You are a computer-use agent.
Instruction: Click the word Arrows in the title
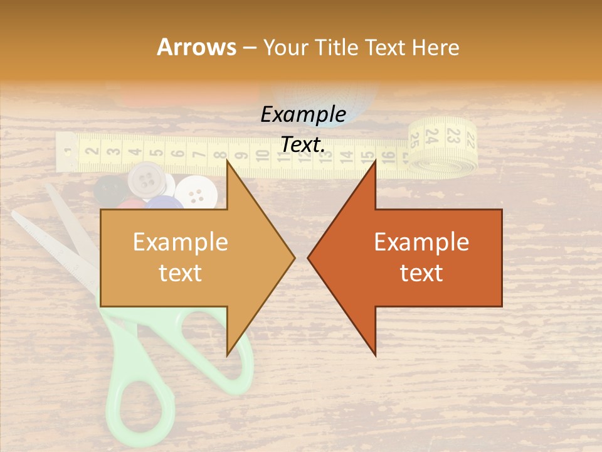point(196,47)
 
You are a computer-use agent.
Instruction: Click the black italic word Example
point(303,115)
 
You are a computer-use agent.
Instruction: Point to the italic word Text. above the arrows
point(303,144)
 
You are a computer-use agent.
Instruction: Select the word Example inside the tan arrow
point(181,242)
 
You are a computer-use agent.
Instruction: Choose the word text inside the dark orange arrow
point(421,272)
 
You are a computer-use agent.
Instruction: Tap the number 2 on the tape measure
point(92,151)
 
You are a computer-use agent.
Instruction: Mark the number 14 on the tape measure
point(346,155)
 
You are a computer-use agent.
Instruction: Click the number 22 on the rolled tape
point(471,132)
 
